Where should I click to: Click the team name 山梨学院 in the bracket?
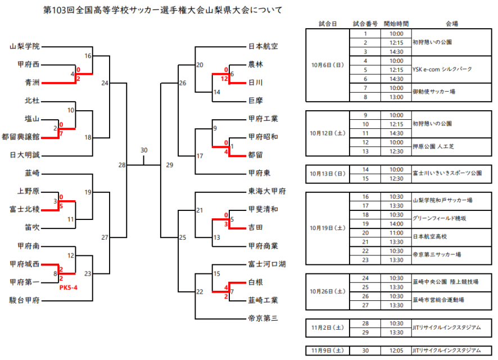[x=25, y=47]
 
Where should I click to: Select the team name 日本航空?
[x=263, y=47]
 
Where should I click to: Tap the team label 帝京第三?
[x=263, y=318]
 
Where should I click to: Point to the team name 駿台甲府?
[x=25, y=300]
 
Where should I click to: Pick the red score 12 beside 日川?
[x=224, y=79]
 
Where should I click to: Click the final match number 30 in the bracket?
[x=144, y=150]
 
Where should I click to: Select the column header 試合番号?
[x=365, y=24]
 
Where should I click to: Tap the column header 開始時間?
[x=396, y=24]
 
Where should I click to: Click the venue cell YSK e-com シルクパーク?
[x=442, y=69]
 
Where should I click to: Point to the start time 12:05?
[x=396, y=350]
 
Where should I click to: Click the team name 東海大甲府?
[x=267, y=191]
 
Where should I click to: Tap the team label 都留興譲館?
[x=21, y=137]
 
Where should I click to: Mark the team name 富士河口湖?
[x=267, y=264]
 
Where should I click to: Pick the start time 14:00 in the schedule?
[x=396, y=223]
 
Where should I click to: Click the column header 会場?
[x=451, y=24]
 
